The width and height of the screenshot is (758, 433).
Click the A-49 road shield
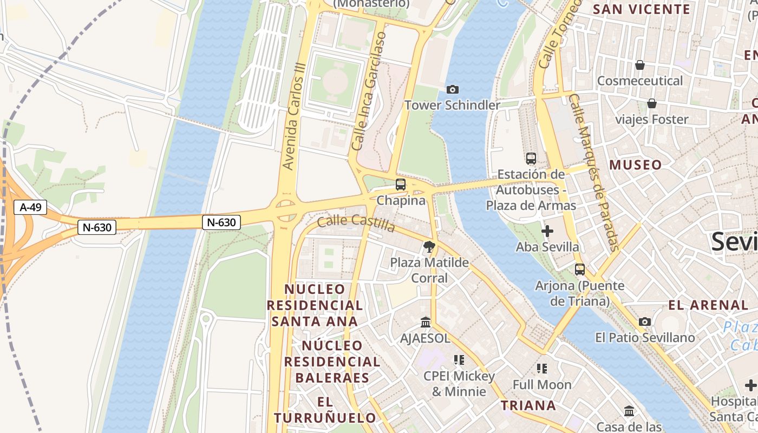(30, 207)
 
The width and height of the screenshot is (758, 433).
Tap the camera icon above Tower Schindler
(452, 89)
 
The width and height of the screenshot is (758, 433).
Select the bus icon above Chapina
(401, 185)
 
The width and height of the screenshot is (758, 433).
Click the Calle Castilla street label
(356, 222)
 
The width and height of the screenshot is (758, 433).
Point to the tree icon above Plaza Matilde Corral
(429, 247)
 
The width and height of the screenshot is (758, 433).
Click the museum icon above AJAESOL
(426, 323)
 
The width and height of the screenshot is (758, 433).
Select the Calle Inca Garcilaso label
(369, 91)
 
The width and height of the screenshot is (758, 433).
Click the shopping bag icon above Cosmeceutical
(640, 65)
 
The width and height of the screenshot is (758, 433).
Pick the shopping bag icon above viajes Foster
(652, 103)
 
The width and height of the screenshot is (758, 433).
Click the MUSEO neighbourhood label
(636, 165)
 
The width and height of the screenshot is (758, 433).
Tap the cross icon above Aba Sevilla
(547, 232)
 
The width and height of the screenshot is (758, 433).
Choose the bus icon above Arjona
(580, 269)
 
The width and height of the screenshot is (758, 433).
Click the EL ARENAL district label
(708, 305)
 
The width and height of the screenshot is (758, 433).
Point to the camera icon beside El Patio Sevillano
(644, 322)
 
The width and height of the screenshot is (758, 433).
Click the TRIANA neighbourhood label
(528, 405)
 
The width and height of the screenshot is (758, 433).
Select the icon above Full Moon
(542, 369)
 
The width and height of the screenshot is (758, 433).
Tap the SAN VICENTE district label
(642, 9)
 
